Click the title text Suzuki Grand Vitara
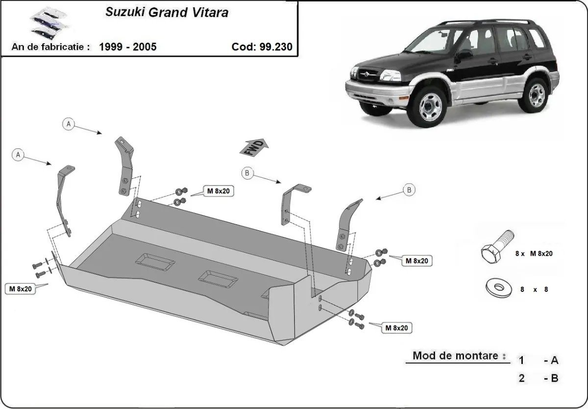[167, 13]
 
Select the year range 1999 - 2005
[127, 47]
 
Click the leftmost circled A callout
[19, 155]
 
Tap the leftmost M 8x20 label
[20, 289]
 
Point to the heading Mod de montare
[455, 356]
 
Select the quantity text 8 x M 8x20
[534, 254]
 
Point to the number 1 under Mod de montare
[521, 361]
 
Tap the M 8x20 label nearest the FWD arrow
[217, 192]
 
